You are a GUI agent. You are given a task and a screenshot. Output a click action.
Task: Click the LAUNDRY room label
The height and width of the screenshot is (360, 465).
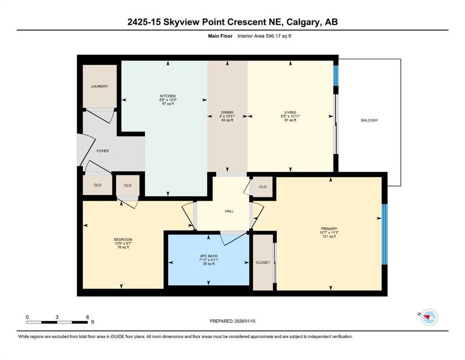click(100, 86)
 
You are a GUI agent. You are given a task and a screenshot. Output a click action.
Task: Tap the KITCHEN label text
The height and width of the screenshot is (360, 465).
click(168, 96)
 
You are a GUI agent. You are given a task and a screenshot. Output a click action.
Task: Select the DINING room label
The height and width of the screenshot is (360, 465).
click(227, 112)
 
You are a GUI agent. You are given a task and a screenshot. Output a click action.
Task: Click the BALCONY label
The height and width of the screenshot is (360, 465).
click(369, 120)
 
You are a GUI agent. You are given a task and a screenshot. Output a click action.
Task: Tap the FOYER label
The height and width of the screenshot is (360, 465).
click(103, 151)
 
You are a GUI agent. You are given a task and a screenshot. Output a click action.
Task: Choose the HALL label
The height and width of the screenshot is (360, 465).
click(229, 211)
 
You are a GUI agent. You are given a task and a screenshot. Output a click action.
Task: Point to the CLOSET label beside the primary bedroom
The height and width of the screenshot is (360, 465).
click(263, 262)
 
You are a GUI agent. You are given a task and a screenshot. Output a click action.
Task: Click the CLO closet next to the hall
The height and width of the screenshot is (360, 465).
click(263, 187)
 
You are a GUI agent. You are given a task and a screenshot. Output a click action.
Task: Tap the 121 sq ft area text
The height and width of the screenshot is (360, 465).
click(330, 237)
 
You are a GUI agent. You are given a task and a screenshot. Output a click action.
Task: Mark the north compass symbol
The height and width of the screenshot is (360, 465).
click(428, 317)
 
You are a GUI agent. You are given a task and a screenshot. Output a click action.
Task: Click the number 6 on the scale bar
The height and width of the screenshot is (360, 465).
click(88, 317)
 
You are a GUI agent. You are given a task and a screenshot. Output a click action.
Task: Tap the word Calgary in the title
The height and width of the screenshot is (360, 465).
click(291, 22)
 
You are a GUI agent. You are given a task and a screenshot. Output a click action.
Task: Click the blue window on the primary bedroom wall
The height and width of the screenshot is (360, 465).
click(384, 234)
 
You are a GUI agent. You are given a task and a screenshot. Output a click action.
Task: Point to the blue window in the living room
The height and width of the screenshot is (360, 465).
click(335, 75)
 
